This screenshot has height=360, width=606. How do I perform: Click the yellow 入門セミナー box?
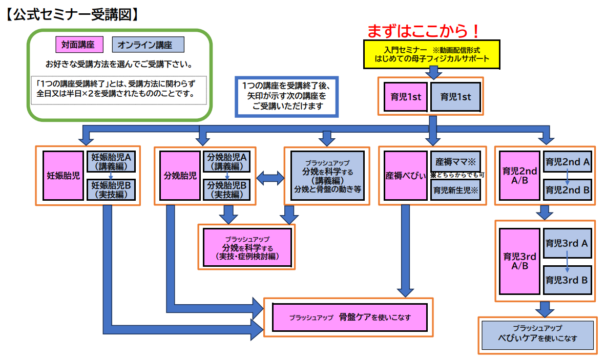coord(432,54)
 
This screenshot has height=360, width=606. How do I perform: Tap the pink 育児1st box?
coord(406,97)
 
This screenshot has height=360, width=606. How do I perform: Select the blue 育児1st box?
coord(456,97)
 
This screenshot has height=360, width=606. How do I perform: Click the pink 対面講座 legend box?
coord(79,45)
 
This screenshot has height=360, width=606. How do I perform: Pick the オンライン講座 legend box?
coord(148,45)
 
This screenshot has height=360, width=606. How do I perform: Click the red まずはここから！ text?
coord(424,31)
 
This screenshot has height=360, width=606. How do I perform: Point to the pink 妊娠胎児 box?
coord(63,176)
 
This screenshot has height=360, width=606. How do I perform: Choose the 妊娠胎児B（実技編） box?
coord(111,189)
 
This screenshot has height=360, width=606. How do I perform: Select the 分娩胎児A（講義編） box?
coord(226,161)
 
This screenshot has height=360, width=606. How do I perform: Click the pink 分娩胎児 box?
coord(180,176)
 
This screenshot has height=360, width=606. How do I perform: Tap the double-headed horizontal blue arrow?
coord(270,178)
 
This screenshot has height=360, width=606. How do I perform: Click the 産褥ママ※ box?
coord(456,161)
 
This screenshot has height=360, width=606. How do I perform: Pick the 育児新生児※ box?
coord(456,190)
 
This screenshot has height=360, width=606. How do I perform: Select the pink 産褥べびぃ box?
coord(405,176)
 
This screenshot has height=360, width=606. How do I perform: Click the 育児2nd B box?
coord(568,189)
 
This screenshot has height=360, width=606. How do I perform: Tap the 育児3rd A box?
coord(568,243)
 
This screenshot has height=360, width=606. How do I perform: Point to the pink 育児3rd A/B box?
coord(519,262)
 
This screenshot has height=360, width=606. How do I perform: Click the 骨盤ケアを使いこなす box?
coord(350,317)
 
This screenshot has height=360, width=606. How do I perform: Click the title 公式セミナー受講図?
coord(72,14)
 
